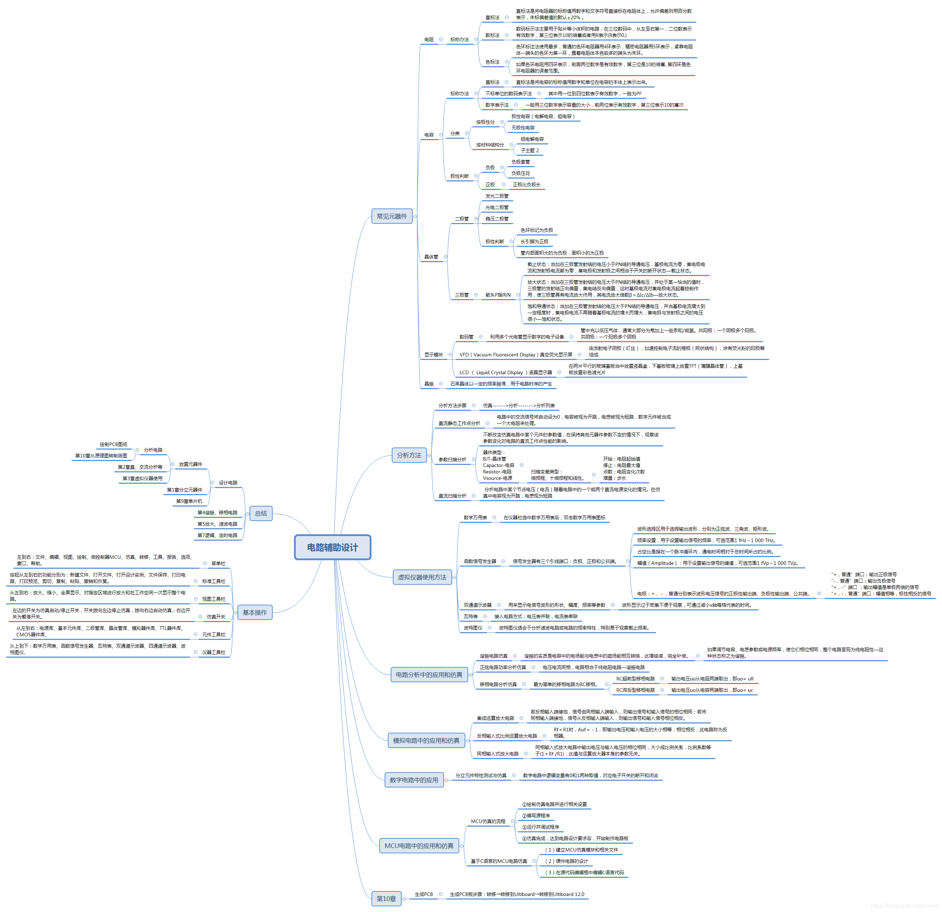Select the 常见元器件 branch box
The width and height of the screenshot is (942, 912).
(391, 217)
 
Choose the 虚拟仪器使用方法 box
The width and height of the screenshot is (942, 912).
(422, 577)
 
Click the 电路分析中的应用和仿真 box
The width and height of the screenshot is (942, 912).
(429, 675)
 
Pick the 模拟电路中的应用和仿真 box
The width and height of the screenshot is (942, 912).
(426, 741)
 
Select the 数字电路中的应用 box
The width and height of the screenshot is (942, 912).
(414, 780)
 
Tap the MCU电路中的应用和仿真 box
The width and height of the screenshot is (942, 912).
(419, 845)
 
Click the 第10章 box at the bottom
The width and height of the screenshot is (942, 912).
(386, 898)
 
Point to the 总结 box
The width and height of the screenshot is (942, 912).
(261, 513)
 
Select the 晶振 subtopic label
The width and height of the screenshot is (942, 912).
(429, 384)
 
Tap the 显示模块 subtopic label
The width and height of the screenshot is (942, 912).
(433, 355)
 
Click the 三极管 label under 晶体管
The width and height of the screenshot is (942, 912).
(461, 295)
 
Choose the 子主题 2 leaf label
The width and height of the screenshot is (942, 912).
(530, 150)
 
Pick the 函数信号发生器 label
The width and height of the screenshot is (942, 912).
(480, 561)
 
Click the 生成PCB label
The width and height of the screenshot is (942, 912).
(423, 894)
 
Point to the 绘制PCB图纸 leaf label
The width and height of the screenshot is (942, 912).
(113, 445)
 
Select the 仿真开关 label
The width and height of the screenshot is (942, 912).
(216, 617)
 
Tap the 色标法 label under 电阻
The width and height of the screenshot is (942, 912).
(492, 62)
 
